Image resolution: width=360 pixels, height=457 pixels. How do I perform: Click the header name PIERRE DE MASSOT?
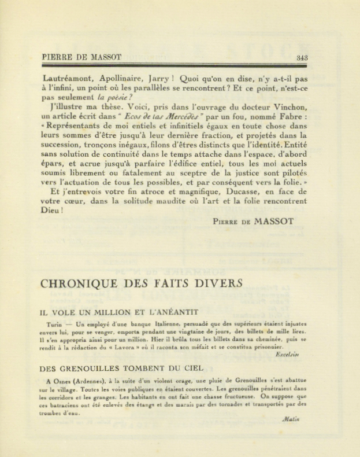tap(82, 57)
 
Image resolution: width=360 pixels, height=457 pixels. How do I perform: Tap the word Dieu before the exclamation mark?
tap(51, 211)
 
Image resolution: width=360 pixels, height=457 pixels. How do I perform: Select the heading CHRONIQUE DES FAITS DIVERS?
tap(142, 284)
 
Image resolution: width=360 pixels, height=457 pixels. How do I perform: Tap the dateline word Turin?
tap(55, 325)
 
